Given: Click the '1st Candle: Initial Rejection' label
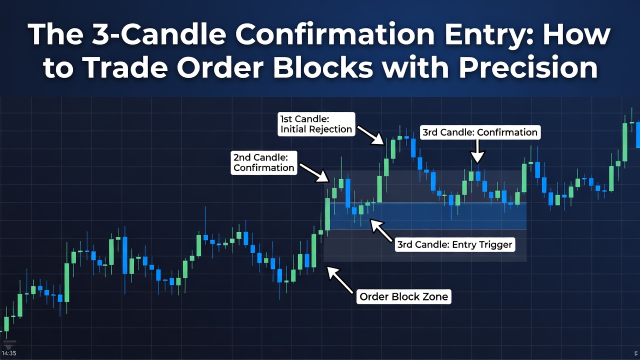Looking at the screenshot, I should click(x=316, y=123).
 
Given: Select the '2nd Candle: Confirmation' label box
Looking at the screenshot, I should click(x=264, y=162).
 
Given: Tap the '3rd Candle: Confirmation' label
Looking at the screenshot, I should click(x=479, y=132).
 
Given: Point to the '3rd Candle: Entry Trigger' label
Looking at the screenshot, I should click(x=454, y=244).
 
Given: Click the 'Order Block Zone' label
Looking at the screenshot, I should click(x=404, y=296).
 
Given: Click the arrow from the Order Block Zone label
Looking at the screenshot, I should click(x=340, y=279).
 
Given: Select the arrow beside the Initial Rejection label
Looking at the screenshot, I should click(x=370, y=133).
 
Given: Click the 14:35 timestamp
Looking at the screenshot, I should click(x=9, y=353).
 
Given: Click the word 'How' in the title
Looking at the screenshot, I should click(x=579, y=35).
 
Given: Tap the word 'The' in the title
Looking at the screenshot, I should click(x=51, y=35).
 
